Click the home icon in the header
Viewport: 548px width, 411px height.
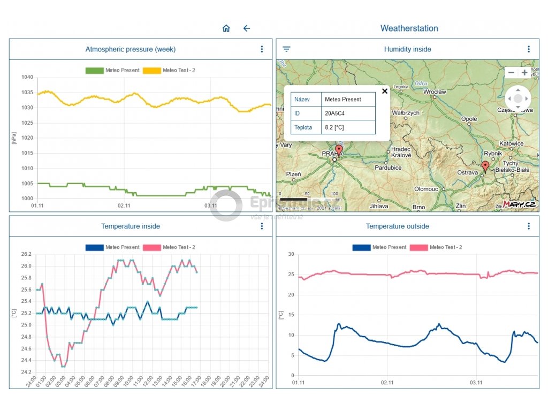coord(226,28)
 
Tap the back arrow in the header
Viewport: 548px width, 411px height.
coord(247,28)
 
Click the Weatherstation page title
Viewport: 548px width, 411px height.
coord(409,28)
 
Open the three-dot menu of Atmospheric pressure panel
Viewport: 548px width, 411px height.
coord(262,49)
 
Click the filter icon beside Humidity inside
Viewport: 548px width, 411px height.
coord(287,49)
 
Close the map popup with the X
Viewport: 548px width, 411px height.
coord(384,91)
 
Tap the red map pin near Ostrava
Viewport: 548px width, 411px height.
coord(485,166)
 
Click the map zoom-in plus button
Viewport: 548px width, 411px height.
coord(524,73)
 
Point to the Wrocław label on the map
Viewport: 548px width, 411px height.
coord(435,92)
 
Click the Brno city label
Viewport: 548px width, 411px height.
coord(418,207)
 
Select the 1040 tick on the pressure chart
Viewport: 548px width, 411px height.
coord(28,77)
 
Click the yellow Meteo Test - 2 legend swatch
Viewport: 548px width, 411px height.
coord(151,70)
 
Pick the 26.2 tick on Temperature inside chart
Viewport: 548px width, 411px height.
coord(26,254)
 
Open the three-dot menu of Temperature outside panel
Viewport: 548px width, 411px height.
coord(529,226)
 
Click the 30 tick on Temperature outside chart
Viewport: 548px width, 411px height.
coord(291,254)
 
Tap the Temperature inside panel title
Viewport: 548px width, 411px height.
coord(131,226)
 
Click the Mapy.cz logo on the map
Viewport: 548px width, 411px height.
coord(519,204)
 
